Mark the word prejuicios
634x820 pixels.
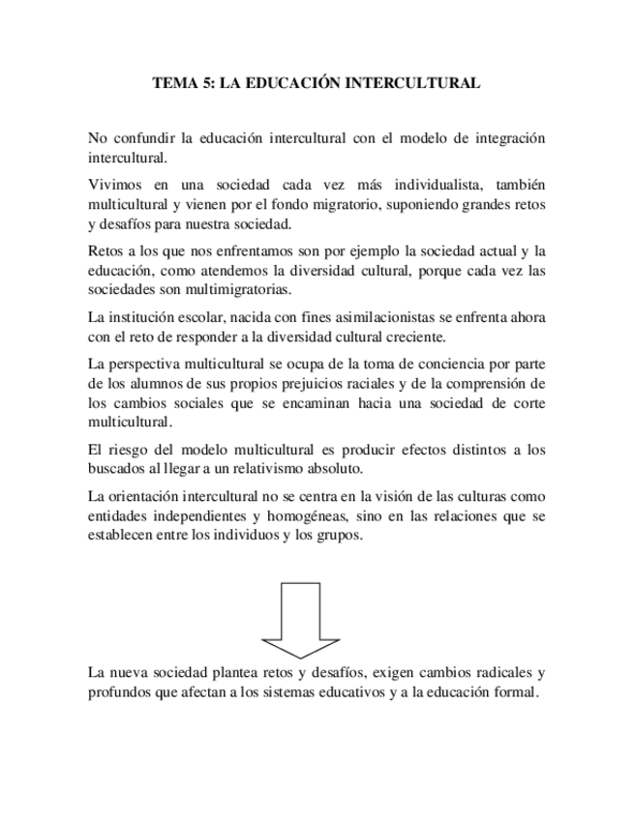tap(317, 383)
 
